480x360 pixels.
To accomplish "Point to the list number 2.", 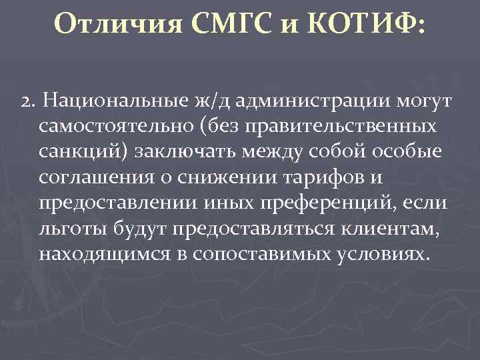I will coord(26,103).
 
